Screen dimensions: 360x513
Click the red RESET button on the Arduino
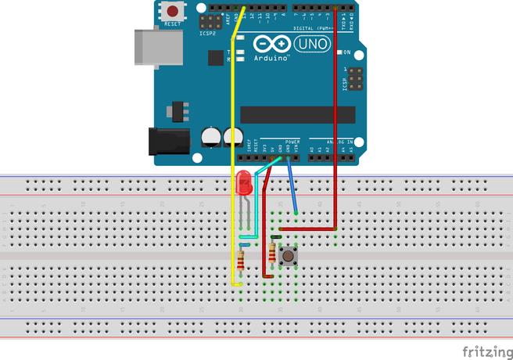point(172,12)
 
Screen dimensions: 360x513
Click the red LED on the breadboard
point(243,184)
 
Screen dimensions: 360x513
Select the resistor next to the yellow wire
point(240,260)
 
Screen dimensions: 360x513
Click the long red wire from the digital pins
point(335,117)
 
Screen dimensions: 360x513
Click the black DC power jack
point(171,141)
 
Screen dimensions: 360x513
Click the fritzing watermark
point(486,351)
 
